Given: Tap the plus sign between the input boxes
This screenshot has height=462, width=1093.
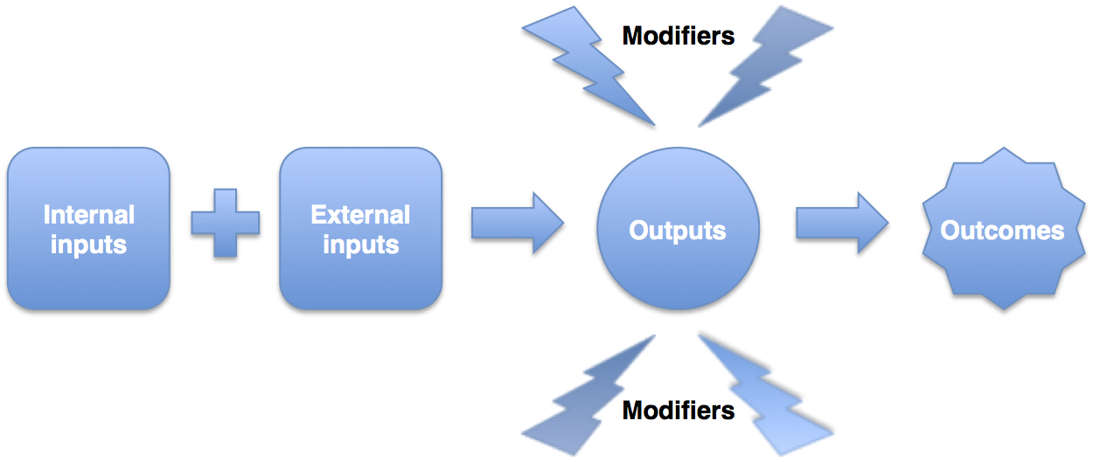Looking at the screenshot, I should [x=226, y=222].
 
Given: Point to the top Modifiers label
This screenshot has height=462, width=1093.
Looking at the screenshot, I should [x=678, y=36].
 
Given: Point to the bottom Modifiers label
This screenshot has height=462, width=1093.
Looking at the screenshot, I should [x=678, y=410].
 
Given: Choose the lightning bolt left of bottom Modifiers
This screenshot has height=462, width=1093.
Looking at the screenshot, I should [x=590, y=393].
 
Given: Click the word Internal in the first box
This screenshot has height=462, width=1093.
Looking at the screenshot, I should [x=88, y=215].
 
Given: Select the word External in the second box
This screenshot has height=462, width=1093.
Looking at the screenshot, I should [x=360, y=215].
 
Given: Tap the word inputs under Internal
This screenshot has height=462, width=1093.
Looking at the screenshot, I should [x=88, y=245].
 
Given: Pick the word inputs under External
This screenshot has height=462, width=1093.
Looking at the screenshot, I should [x=360, y=245].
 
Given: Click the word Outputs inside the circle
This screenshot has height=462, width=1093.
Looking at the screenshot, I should [x=678, y=231].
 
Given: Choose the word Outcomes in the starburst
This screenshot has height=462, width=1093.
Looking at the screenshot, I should [x=1002, y=231].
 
